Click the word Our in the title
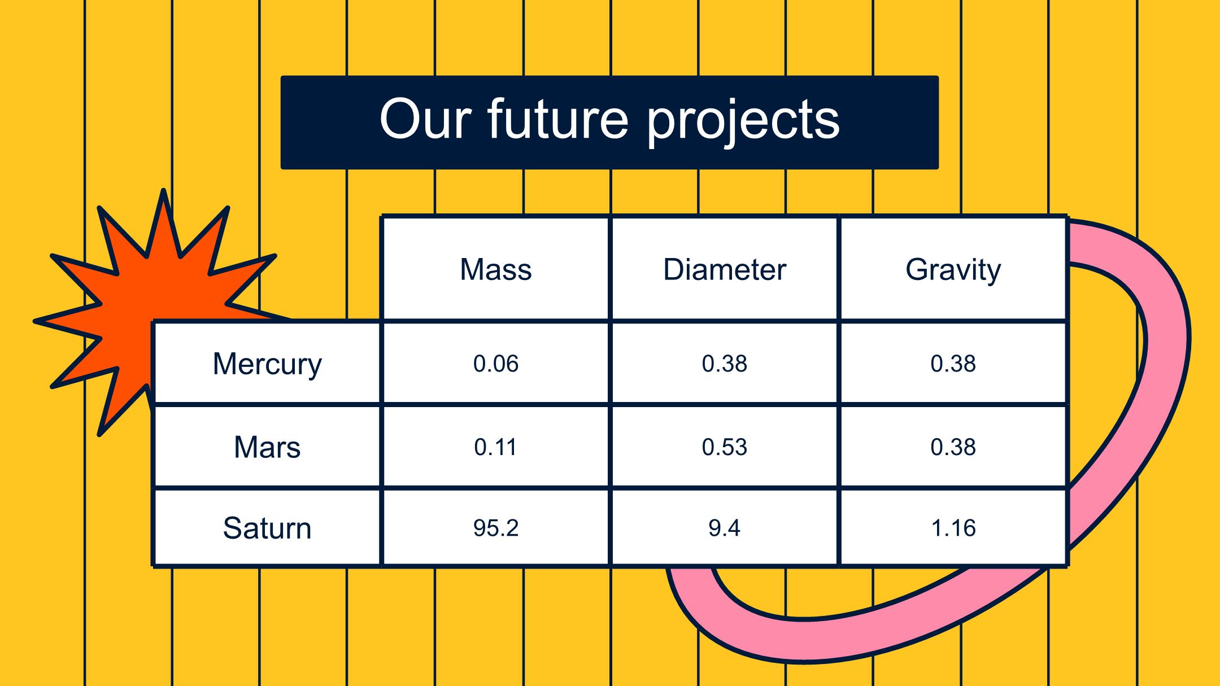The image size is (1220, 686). (425, 119)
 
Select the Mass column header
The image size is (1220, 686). (496, 269)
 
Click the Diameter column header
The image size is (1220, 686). (725, 269)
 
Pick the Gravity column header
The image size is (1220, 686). (953, 270)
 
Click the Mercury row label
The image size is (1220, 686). (267, 364)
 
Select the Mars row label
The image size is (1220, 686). (267, 447)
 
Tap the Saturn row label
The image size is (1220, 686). (267, 528)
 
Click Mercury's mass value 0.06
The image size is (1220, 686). (496, 364)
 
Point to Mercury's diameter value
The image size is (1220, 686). (725, 364)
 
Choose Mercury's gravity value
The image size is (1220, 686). (953, 364)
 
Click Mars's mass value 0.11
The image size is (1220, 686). (496, 447)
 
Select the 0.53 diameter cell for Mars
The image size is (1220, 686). (725, 447)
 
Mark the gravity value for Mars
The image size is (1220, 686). (953, 447)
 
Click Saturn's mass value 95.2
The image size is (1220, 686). (496, 528)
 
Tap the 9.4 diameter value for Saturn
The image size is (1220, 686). (725, 528)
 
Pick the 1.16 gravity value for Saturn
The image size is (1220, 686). (953, 528)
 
